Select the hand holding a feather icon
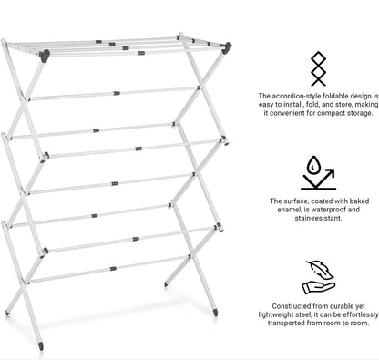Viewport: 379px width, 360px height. pos(318,274)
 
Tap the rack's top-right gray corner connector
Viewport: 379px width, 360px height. pos(223,56)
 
